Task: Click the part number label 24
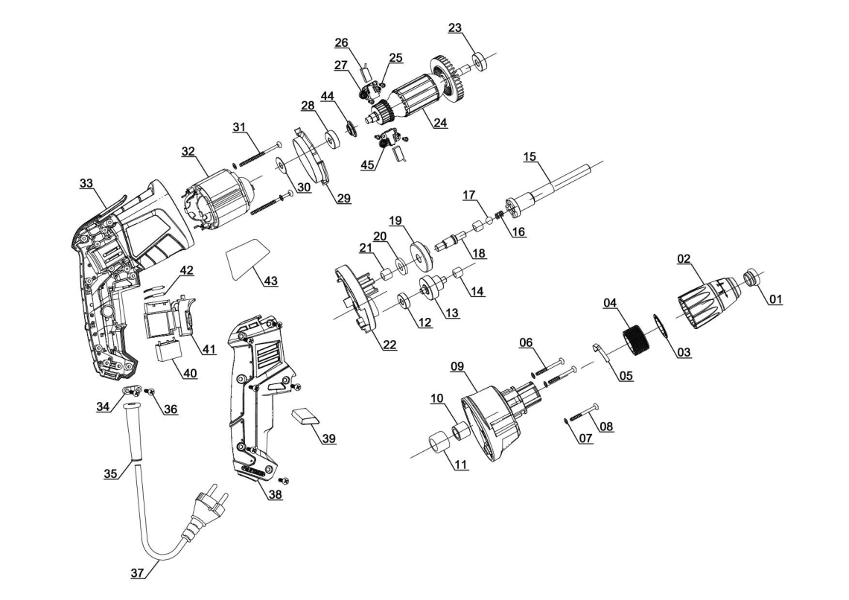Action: (x=440, y=122)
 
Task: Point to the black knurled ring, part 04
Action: (x=637, y=340)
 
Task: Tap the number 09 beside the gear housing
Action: (x=457, y=366)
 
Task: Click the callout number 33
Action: (x=86, y=183)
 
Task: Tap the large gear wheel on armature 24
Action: (x=448, y=77)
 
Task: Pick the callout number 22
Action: (x=389, y=345)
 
